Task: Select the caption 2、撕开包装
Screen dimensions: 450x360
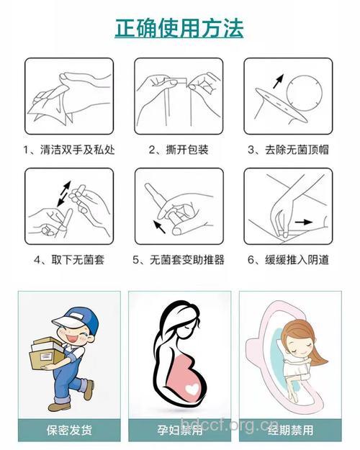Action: (179, 150)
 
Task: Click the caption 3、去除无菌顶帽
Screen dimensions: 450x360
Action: (289, 150)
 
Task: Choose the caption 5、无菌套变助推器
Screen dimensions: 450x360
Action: (179, 259)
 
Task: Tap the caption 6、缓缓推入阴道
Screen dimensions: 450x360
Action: (289, 259)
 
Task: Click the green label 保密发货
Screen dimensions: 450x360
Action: (70, 430)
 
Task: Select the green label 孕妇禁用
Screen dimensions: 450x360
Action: (179, 430)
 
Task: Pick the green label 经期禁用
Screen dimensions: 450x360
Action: (289, 430)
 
